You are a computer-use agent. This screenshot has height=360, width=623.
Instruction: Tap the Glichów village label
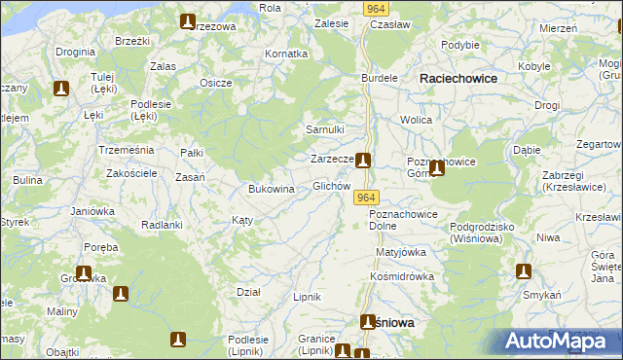pyautogui.click(x=331, y=186)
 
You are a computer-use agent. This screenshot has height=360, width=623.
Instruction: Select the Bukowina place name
pyautogui.click(x=272, y=189)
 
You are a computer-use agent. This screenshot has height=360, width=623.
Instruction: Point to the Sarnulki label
pyautogui.click(x=326, y=129)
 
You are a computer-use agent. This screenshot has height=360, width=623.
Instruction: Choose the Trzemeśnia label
pyautogui.click(x=127, y=150)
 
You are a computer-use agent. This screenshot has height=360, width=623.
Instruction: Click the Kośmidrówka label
pyautogui.click(x=401, y=275)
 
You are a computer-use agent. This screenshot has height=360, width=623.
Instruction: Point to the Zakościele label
pyautogui.click(x=131, y=172)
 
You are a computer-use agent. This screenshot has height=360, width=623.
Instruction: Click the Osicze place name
pyautogui.click(x=215, y=83)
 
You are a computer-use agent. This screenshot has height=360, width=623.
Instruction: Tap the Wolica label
pyautogui.click(x=416, y=120)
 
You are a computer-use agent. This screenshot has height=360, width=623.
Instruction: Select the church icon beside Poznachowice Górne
pyautogui.click(x=437, y=168)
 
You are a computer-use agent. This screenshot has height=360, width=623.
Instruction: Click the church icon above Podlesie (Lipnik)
pyautogui.click(x=177, y=340)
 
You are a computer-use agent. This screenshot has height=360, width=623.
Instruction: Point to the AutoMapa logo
pyautogui.click(x=559, y=342)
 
